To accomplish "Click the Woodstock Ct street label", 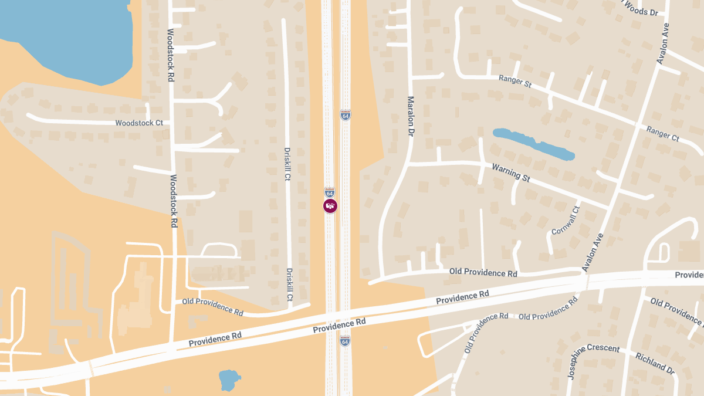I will coord(139,123).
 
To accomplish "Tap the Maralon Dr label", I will coord(410,116).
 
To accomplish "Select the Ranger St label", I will coord(515,81).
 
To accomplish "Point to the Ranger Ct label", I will coord(662,133).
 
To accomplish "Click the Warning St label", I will coord(510,172).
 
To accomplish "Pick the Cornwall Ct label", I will coord(566,221).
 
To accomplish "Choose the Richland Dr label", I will coord(655,363).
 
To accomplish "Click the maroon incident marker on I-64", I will coord(330,205).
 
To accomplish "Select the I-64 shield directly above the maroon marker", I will coord(330,192).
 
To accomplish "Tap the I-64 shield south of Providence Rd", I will coord(345,341).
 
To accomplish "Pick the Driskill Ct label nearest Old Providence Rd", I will coord(289,285).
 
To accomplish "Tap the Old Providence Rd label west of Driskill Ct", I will coord(212,307).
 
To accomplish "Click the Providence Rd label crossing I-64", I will coord(339,326).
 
